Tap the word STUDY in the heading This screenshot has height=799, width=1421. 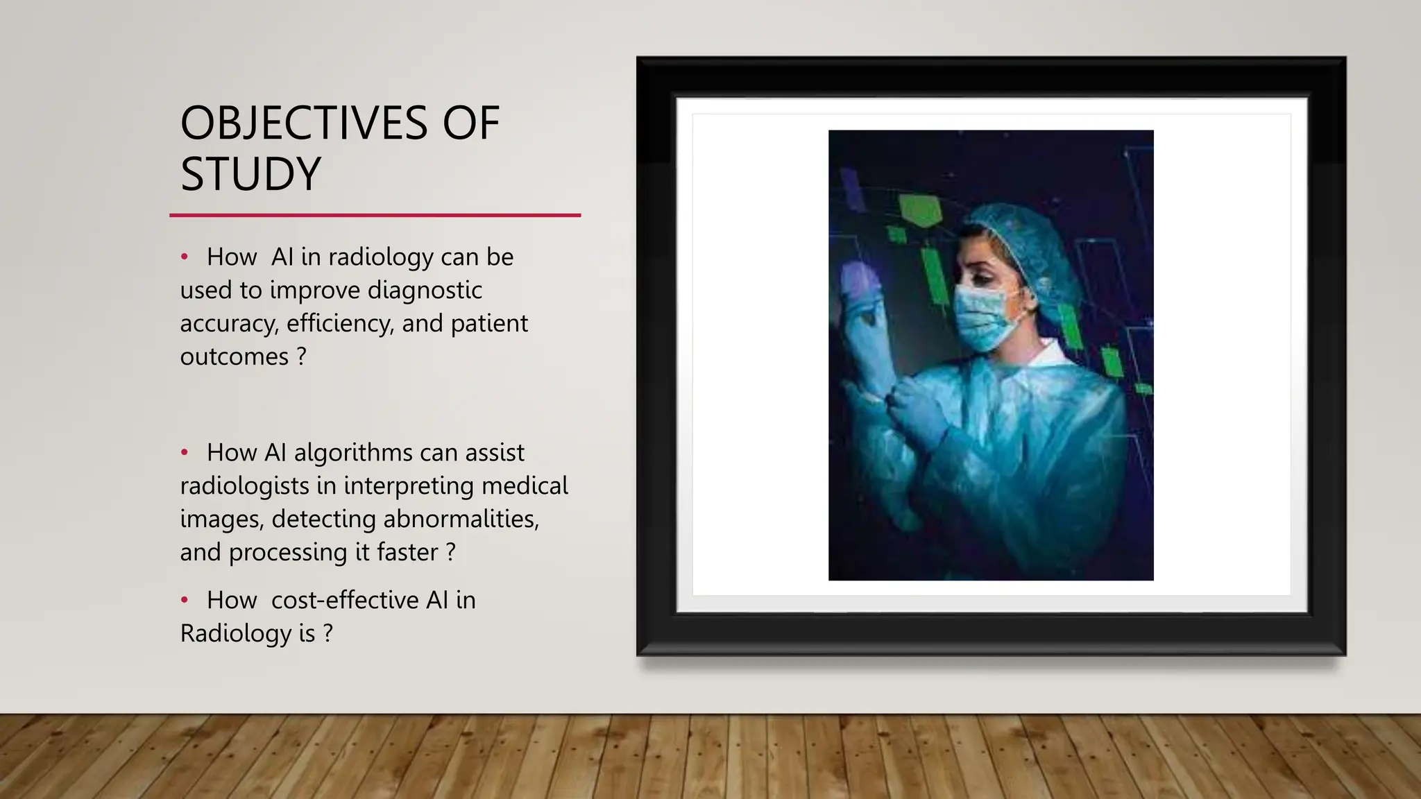tap(250, 173)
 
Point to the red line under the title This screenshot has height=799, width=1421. tap(375, 216)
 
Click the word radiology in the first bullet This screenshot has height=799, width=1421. tap(380, 257)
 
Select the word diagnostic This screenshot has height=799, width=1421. tap(424, 290)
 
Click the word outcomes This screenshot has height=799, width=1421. tap(234, 356)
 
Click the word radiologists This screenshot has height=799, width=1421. tap(244, 486)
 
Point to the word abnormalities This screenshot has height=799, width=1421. tap(460, 519)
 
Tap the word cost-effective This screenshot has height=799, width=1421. tap(345, 601)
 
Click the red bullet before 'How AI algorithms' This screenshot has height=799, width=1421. tap(185, 453)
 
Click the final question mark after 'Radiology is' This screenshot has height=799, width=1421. tap(327, 633)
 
